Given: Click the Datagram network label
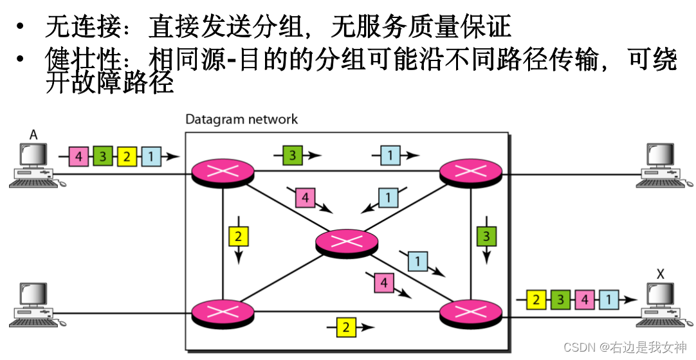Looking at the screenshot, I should tap(241, 119).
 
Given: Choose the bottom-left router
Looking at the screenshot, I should tap(223, 313).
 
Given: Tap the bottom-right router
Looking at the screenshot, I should tap(470, 313).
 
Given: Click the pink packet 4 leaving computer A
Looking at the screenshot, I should tap(78, 156).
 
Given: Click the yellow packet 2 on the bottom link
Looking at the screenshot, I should tap(345, 327).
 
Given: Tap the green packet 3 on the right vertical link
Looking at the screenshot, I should tap(486, 237).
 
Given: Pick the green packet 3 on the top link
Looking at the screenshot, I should tap(292, 155).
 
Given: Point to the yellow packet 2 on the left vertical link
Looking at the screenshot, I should tap(238, 237).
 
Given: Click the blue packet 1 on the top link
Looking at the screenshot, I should tap(390, 155).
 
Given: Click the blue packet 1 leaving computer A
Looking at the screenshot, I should tap(151, 156).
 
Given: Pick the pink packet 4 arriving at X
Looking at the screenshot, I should tap(584, 300).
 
